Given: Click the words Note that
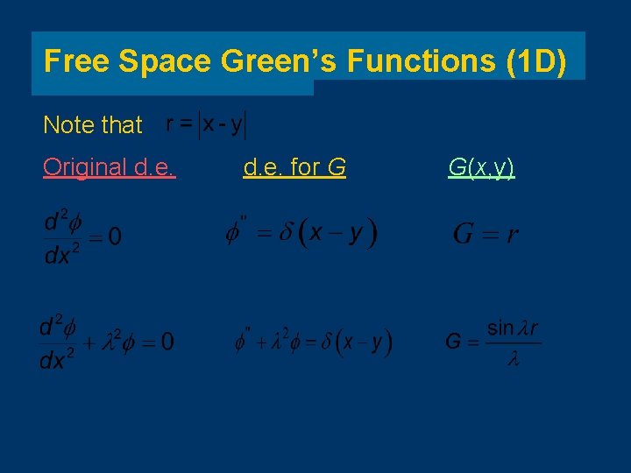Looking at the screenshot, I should [92, 125].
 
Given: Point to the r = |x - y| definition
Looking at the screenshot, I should [207, 124].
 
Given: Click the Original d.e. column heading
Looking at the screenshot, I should [110, 166].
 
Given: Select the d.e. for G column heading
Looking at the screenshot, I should [294, 166].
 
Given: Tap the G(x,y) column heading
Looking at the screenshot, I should [481, 166].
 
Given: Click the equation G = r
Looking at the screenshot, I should [486, 234].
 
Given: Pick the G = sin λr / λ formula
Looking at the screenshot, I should [493, 342].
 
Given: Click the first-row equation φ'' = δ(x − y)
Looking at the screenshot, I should [301, 234].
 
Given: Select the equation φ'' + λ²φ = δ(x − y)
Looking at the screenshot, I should [313, 342].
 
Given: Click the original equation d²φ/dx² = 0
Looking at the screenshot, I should [82, 235].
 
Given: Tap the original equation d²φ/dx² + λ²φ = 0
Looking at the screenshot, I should [105, 342].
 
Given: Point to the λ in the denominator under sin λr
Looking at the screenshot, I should [514, 360].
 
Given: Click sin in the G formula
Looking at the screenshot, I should [500, 328].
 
